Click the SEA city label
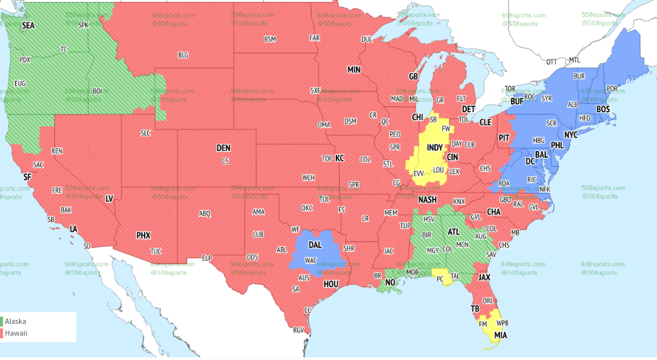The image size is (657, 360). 28,26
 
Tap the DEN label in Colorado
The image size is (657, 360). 223,148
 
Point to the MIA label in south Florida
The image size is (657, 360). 501,335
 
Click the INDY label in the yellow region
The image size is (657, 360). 435,148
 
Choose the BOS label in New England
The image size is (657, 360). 603,109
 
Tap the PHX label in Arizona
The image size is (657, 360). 143,235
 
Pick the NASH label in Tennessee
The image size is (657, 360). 427,200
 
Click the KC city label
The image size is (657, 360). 340,158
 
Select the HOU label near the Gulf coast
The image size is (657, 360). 330,284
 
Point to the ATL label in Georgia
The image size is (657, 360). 454,231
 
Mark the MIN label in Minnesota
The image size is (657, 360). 354,70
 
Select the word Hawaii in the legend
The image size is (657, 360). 18,334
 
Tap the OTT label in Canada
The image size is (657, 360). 552,62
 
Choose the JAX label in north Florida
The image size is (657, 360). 484,277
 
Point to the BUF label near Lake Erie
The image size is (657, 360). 517,102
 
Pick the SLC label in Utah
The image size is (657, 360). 146,133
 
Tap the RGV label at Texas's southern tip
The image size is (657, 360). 298,330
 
